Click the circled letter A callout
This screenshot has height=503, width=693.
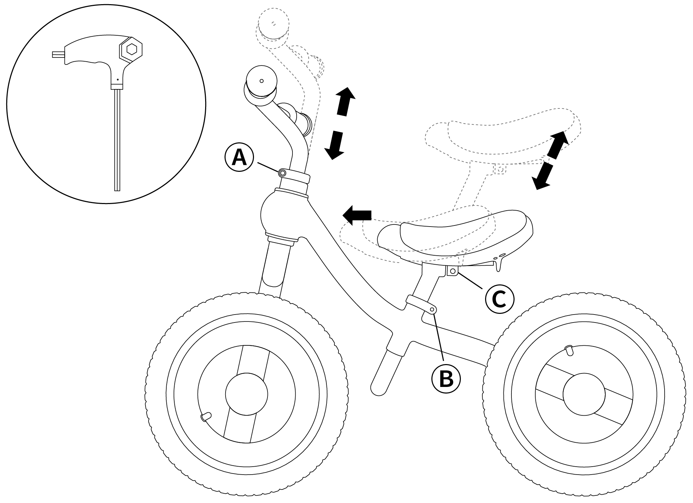[x=239, y=158]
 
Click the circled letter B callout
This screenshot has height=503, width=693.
[x=446, y=378]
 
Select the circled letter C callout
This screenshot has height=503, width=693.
[x=499, y=299]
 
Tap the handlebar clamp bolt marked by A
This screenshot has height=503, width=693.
[x=282, y=173]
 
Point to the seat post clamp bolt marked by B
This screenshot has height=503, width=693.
[x=432, y=309]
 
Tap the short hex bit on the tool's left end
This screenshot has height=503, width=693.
[x=58, y=54]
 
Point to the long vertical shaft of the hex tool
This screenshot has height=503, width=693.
[x=117, y=139]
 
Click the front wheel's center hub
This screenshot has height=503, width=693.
[x=246, y=394]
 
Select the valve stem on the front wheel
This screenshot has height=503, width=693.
[x=206, y=416]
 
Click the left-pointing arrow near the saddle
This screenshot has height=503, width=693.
[x=357, y=215]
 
